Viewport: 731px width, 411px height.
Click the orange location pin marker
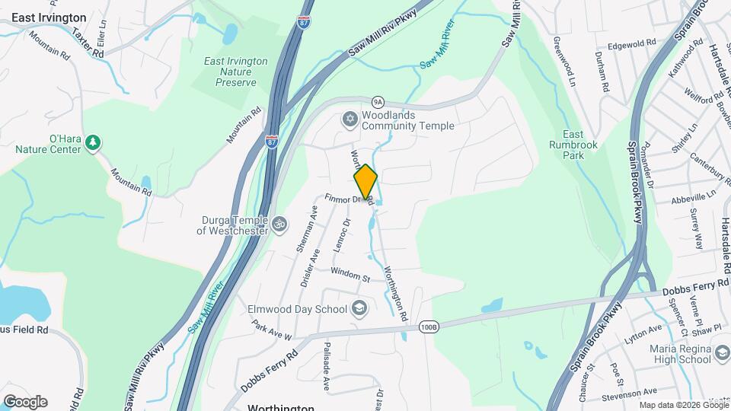pos(365,182)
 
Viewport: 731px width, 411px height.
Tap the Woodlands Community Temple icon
pos(350,119)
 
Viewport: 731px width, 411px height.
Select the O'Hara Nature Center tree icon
pos(92,142)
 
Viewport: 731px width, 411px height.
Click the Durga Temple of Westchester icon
pos(279,224)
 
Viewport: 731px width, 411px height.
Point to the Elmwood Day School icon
pos(359,309)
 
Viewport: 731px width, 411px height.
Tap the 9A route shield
pos(378,101)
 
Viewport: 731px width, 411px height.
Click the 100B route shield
pos(429,327)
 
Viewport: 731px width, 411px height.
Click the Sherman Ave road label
pos(307,228)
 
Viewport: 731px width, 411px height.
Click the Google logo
pos(25,402)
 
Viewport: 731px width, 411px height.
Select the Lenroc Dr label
pos(341,237)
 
